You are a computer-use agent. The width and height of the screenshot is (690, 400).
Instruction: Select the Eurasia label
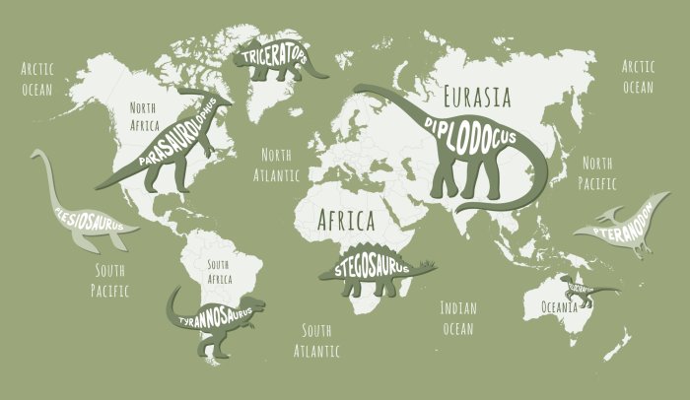tap(477, 97)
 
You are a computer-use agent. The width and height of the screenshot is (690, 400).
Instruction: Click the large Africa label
tap(345, 219)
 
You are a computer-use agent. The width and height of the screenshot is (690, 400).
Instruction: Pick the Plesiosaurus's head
tap(36, 155)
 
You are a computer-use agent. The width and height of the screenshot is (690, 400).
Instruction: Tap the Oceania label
tap(567, 307)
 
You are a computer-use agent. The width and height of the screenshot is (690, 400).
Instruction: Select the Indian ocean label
tap(457, 317)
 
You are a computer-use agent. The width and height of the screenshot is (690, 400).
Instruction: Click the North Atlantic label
tap(276, 165)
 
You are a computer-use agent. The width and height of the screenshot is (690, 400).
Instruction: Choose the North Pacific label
tap(597, 172)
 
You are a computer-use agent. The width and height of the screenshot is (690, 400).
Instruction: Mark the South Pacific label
tap(109, 280)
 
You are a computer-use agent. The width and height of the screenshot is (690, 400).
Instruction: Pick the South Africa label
tap(218, 272)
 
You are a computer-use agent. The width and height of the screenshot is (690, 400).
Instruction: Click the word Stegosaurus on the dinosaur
tap(371, 268)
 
